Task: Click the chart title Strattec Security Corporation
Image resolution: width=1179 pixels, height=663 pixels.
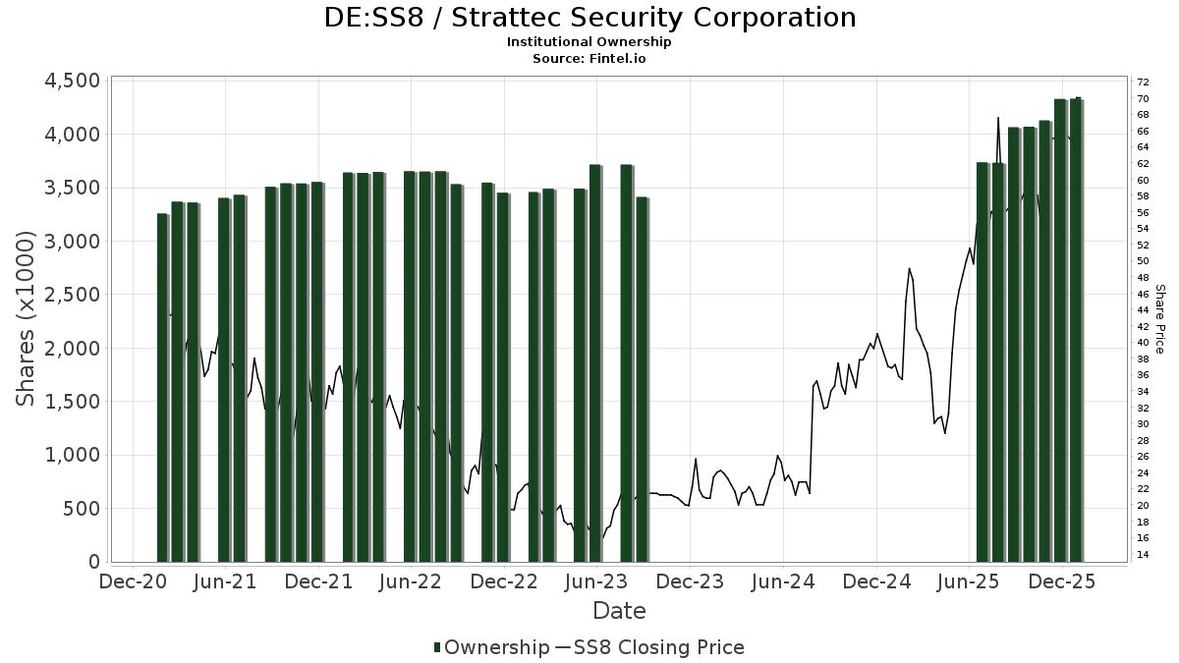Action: click(589, 18)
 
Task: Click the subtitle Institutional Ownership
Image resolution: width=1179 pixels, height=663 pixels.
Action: click(589, 42)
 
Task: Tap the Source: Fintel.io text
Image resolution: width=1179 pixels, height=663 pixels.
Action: click(589, 58)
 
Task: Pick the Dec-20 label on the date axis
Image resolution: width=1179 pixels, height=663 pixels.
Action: click(133, 581)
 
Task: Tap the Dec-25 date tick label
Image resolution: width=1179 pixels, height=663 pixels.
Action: click(1062, 581)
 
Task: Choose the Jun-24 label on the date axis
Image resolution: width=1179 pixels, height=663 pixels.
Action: click(783, 581)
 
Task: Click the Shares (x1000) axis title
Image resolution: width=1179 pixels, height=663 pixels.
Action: click(27, 319)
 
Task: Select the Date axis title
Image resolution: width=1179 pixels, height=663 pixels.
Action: click(619, 611)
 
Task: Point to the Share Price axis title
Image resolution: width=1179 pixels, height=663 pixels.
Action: click(1159, 319)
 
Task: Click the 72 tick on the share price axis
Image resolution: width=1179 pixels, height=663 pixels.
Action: click(1143, 83)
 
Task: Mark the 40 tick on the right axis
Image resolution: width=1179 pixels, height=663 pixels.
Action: click(1143, 343)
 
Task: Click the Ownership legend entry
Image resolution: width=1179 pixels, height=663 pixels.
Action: click(491, 647)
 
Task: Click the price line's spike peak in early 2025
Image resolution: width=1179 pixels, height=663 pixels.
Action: click(909, 268)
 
